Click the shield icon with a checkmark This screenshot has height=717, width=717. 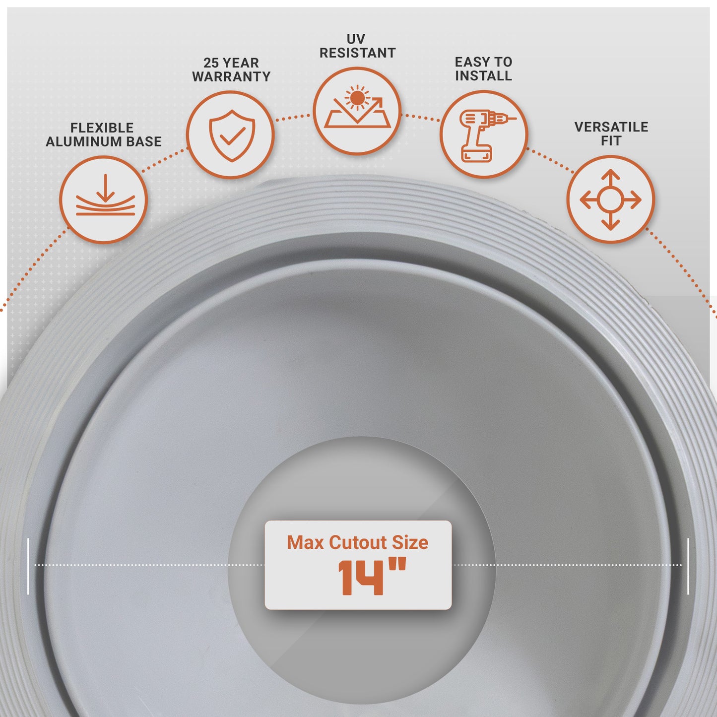(232, 135)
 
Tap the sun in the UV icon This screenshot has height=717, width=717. (357, 98)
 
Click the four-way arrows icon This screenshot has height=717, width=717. (610, 200)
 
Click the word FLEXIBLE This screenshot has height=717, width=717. (102, 128)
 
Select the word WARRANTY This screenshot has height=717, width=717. (231, 76)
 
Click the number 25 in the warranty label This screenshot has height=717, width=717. (210, 63)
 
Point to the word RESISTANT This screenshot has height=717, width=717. (357, 53)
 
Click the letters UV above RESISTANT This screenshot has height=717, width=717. (356, 39)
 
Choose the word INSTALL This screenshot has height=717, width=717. (483, 76)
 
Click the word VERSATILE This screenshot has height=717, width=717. (611, 127)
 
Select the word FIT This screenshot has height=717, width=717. (611, 141)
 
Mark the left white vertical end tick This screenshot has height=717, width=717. (28, 567)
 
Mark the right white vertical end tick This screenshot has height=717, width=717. (688, 566)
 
